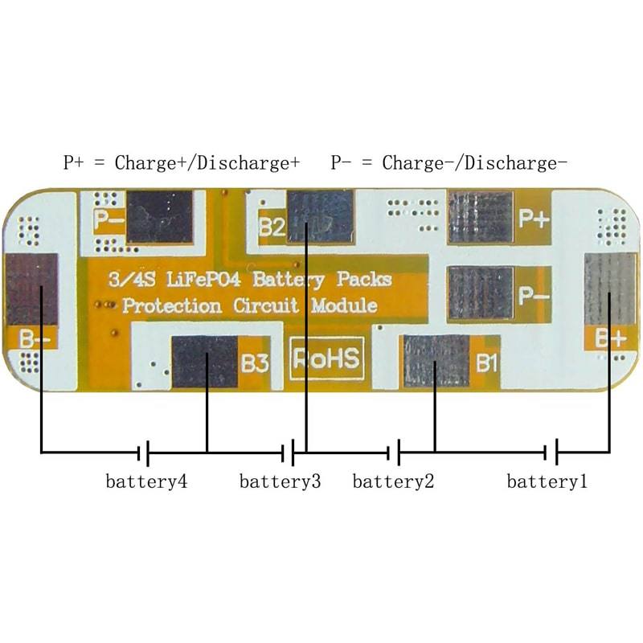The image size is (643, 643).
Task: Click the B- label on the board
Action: pos(32,339)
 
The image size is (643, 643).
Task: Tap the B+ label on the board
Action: pos(610,338)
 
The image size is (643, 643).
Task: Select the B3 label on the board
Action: pos(254,363)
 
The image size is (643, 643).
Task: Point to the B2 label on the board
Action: pos(272,227)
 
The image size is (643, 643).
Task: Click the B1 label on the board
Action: pos(486,363)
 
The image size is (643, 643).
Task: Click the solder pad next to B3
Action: pos(205,362)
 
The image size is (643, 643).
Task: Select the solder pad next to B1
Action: pos(435,361)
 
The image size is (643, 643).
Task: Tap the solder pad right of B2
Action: pos(321,216)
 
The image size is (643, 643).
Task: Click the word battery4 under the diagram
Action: pos(147,482)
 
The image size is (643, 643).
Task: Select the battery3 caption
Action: pos(280,482)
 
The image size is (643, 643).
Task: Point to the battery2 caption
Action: pos(393,482)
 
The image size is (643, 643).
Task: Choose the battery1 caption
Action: pos(547,482)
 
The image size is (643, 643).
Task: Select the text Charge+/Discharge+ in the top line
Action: pos(207,163)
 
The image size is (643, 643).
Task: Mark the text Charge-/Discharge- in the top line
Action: pos(475,163)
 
